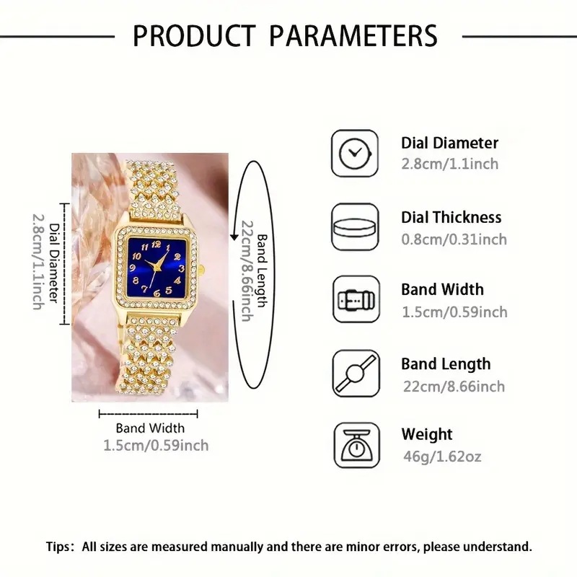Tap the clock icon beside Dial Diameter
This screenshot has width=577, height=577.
coord(355,153)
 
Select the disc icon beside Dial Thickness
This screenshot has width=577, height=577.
coord(355,227)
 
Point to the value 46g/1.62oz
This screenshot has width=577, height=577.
coord(441,457)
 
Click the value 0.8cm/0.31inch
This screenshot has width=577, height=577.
coord(454,239)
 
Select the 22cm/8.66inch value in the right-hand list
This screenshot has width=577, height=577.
coord(453,387)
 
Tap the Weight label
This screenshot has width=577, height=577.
coord(427,435)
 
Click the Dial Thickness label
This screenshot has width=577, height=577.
coord(451,217)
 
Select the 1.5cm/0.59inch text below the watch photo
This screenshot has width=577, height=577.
coord(156,446)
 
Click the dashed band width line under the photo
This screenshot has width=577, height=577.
coord(148,414)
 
